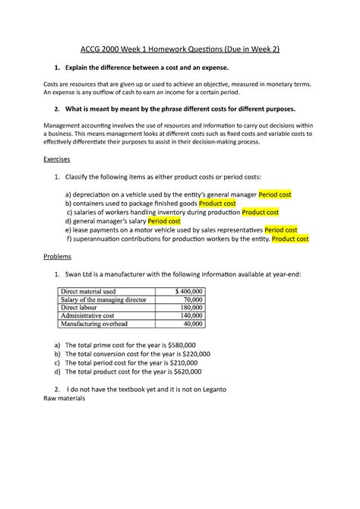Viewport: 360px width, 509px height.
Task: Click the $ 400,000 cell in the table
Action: (x=189, y=291)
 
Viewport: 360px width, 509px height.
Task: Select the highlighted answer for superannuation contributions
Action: (x=290, y=239)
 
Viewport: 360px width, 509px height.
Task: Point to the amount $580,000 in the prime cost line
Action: (x=190, y=345)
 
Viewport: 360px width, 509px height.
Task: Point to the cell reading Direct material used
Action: (x=88, y=291)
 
